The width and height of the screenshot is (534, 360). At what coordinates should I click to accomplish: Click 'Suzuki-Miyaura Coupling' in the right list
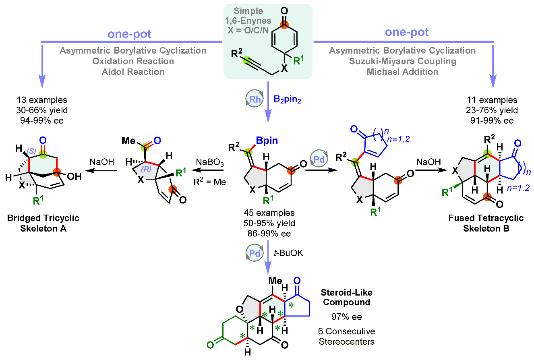pos(403,61)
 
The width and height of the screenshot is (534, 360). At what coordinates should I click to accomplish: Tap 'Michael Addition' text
pos(403,72)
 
